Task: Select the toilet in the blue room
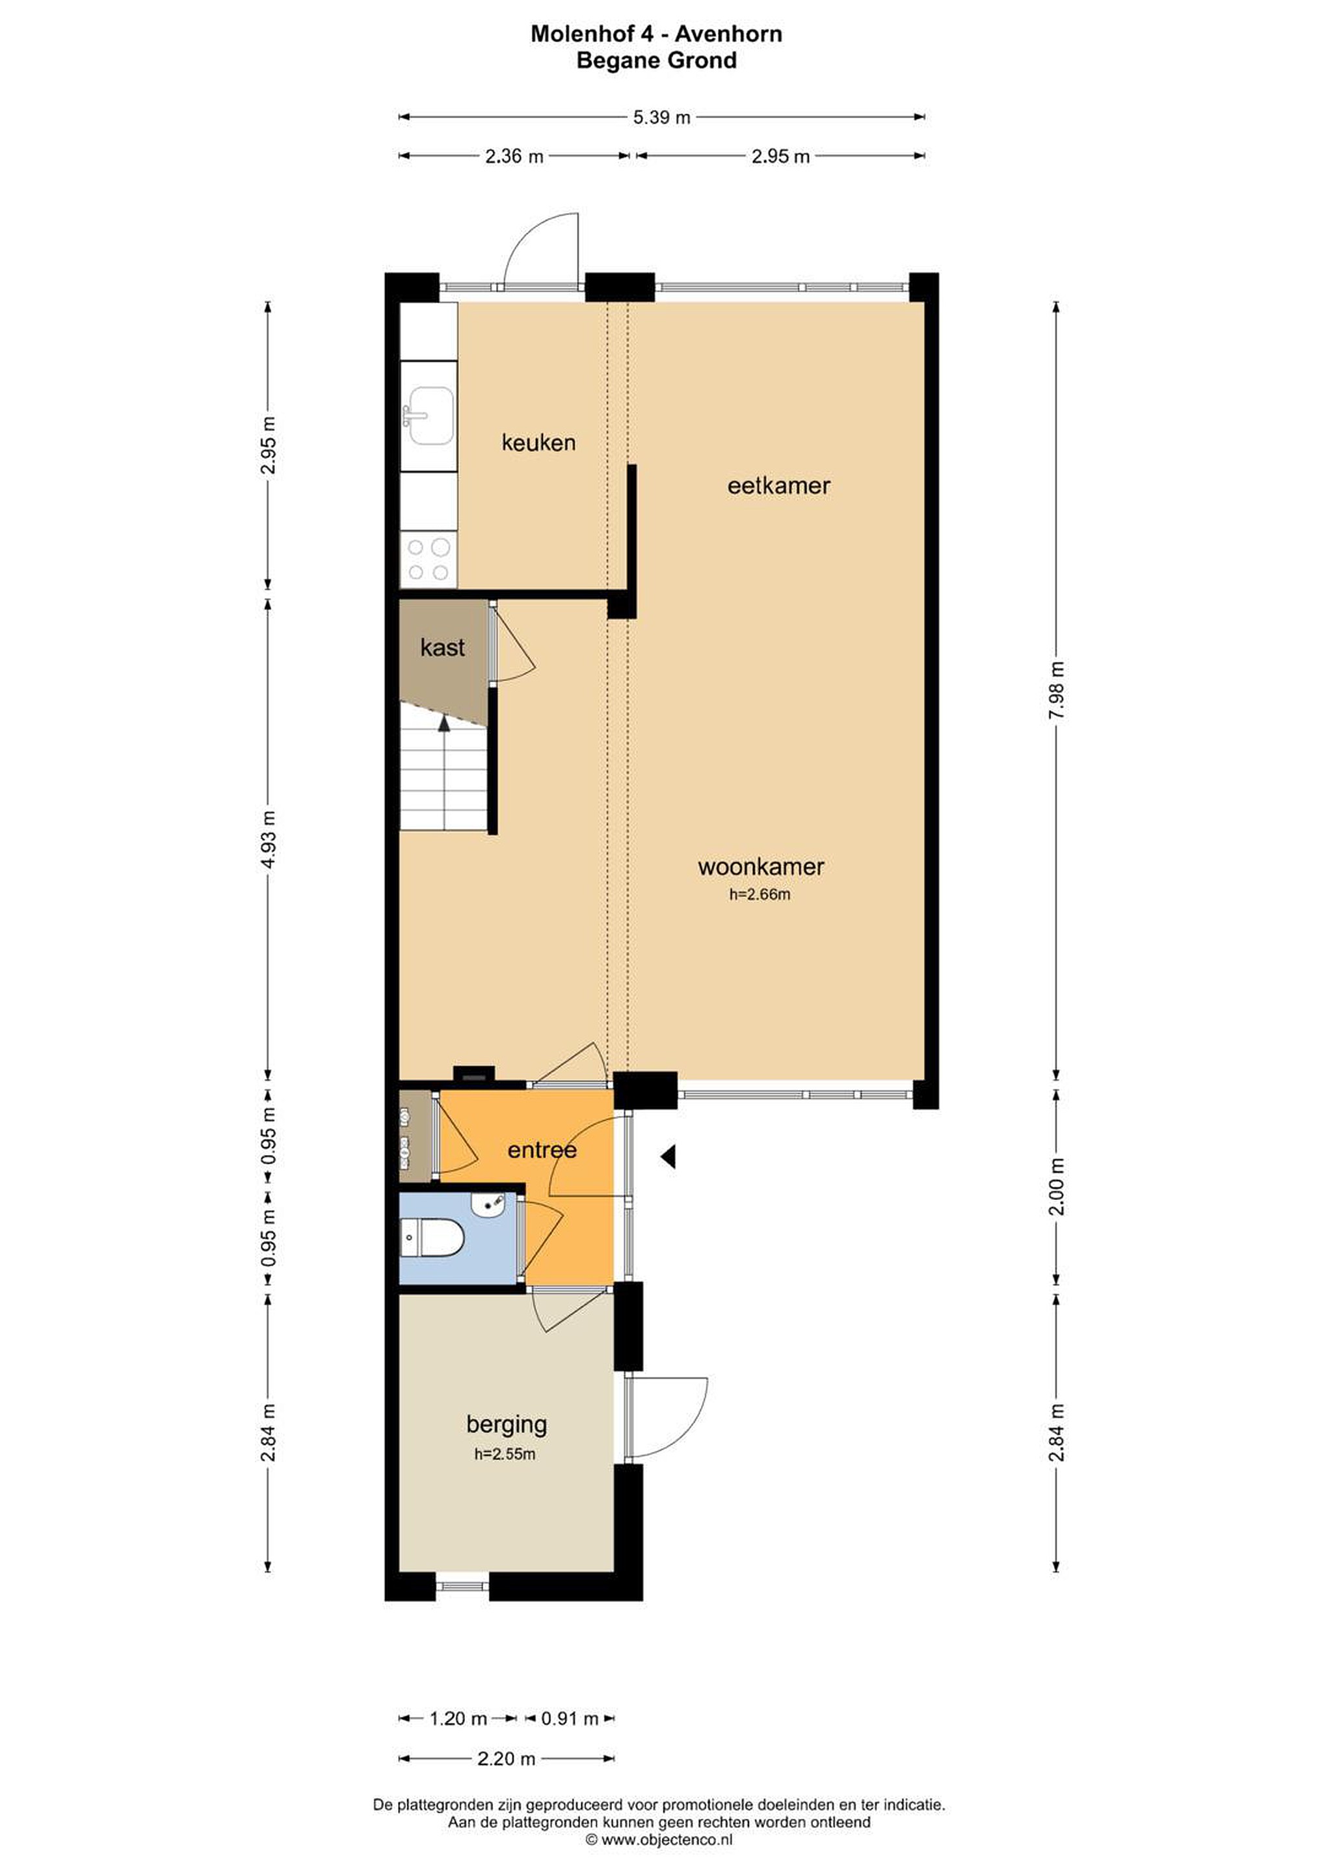pos(432,1238)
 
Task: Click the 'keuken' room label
pos(538,443)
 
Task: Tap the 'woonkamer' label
pos(760,866)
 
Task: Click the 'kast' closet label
pos(442,648)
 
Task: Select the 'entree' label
pos(542,1150)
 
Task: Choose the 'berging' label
pos(507,1425)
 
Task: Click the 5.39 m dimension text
pos(661,118)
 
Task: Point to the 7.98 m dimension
pos(1057,690)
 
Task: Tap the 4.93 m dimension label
pos(269,840)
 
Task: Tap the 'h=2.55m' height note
pos(505,1454)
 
